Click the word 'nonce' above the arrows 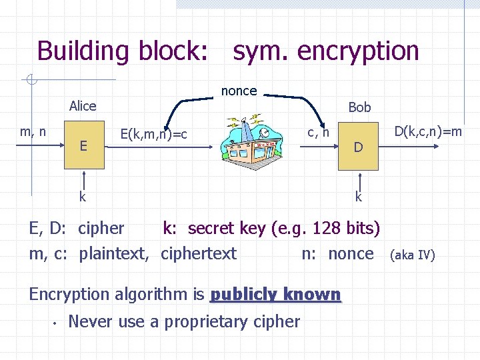(239, 91)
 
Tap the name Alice (83, 106)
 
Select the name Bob (359, 107)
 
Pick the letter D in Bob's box (358, 147)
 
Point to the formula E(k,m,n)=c (153, 135)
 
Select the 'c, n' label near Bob (318, 133)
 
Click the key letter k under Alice (83, 197)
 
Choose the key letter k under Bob (359, 197)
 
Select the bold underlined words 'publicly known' (275, 295)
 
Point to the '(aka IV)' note (412, 255)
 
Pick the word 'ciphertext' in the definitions (199, 254)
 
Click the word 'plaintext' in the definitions (113, 254)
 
